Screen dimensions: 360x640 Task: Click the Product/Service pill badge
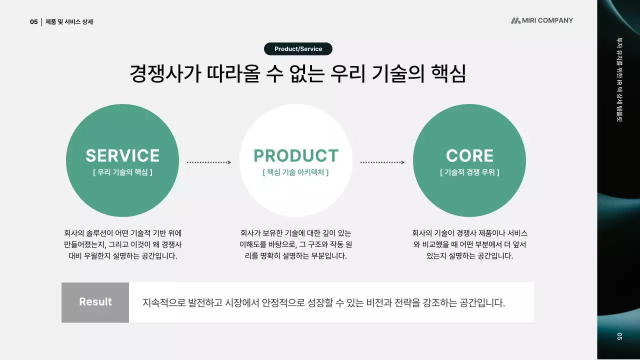(298, 49)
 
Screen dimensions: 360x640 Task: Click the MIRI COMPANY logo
(542, 20)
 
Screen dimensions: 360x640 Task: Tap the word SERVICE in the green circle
(122, 155)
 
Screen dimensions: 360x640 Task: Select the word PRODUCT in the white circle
(296, 155)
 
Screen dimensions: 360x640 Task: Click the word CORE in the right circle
(469, 155)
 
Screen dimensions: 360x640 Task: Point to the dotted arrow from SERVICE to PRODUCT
(209, 162)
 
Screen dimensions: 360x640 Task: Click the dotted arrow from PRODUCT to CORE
(382, 162)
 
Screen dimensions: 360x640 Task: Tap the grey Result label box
(95, 302)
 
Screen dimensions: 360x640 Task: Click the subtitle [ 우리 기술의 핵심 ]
(122, 172)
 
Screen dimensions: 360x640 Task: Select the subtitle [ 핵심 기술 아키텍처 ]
(296, 172)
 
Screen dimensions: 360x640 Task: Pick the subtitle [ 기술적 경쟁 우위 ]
(469, 172)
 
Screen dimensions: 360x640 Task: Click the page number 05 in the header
(33, 22)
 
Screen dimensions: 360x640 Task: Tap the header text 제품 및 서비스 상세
(69, 22)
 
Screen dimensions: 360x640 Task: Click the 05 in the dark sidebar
(619, 336)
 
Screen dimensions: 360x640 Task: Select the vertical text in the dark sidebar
(619, 80)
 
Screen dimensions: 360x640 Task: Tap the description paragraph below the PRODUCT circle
(296, 244)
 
